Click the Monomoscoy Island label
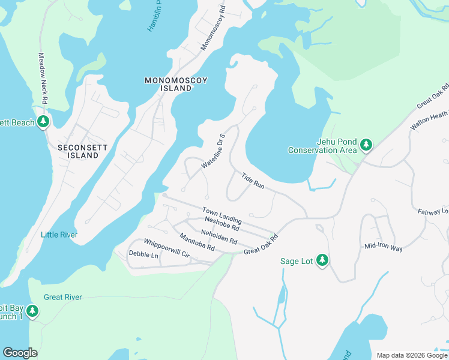coord(168,84)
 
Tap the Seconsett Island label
coord(78,151)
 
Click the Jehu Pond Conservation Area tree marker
coord(366,145)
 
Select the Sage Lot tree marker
coord(322,260)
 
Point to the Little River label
coord(59,235)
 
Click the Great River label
coord(63,297)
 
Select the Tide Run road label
coord(253,181)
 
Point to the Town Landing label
coord(221,215)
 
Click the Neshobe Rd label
coord(222,224)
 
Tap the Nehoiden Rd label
coord(219,237)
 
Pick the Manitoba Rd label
coord(197,242)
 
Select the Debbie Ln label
coord(143,255)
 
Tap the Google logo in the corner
coord(20,353)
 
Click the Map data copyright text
coord(412,355)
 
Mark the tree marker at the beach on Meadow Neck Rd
coord(43,122)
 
